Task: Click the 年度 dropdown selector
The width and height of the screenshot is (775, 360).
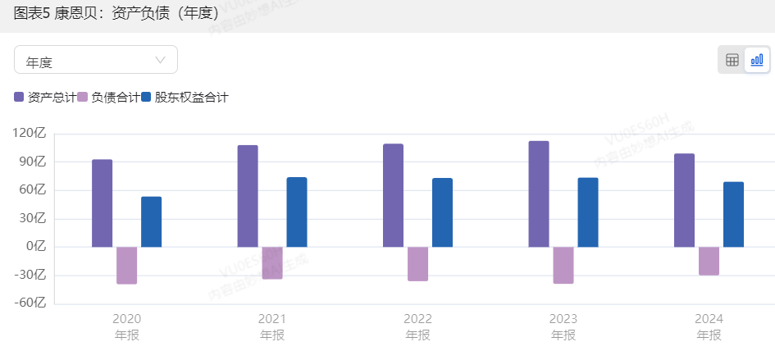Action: click(x=95, y=60)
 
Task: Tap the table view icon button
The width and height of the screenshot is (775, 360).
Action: click(x=732, y=60)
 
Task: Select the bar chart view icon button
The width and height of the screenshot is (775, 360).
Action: click(x=757, y=60)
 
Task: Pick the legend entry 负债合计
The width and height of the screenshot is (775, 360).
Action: click(x=108, y=98)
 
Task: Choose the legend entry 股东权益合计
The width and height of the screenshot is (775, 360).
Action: click(x=184, y=98)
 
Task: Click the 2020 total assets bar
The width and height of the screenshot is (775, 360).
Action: click(x=102, y=203)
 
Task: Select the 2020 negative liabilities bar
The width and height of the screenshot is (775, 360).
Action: click(x=126, y=265)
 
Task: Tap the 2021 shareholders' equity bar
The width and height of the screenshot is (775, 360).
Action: click(x=297, y=212)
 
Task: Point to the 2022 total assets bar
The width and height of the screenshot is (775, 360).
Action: click(x=393, y=195)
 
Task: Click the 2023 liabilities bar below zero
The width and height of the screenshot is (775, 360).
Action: click(x=563, y=265)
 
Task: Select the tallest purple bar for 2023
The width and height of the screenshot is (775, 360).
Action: click(x=539, y=194)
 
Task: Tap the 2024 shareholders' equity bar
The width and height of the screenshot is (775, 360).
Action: click(x=733, y=214)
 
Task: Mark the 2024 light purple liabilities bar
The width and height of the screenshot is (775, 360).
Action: click(x=709, y=261)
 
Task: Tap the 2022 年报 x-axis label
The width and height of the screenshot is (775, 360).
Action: click(x=417, y=326)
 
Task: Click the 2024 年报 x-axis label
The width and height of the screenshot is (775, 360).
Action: click(x=709, y=326)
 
